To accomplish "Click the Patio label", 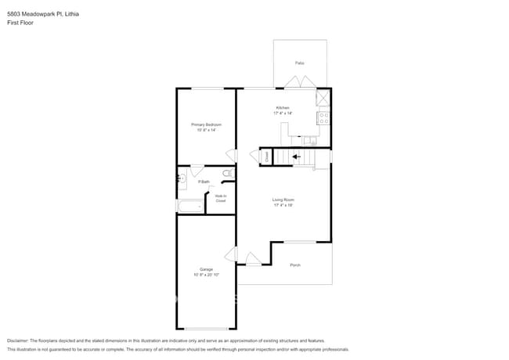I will [300, 63].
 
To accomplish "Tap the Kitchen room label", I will [283, 108].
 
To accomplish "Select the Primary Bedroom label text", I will [206, 124].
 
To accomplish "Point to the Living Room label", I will [283, 200].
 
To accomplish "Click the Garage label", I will [206, 269].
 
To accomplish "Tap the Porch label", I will [295, 265].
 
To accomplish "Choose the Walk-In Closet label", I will [221, 199].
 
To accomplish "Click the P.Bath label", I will [203, 182].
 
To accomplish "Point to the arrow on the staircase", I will [296, 157].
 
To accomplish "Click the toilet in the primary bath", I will [227, 173].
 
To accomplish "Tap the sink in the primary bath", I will [182, 178].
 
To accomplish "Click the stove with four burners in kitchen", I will [323, 118].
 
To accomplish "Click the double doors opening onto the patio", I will [300, 82].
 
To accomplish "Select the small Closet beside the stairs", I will [267, 157].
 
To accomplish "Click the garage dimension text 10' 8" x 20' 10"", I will [206, 275].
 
